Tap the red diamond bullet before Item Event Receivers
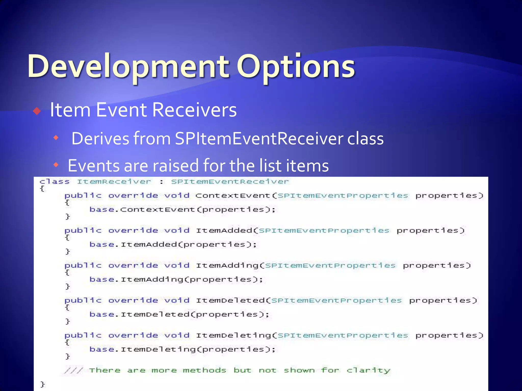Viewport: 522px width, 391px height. (37, 111)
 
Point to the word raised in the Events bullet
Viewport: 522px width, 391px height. (176, 165)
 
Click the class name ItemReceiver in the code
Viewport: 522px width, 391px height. (114, 182)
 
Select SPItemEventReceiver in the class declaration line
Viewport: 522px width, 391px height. (230, 182)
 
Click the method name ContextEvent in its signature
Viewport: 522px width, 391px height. (232, 195)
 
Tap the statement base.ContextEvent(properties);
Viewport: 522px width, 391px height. (182, 210)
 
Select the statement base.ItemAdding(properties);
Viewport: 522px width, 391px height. (176, 280)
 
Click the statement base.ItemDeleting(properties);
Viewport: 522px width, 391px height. (182, 349)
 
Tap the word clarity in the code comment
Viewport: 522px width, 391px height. (368, 370)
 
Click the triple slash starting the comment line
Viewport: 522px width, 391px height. (73, 370)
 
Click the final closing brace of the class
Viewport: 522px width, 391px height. (43, 384)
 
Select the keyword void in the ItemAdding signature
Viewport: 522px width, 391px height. (177, 265)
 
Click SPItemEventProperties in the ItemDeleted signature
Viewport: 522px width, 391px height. (336, 300)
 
